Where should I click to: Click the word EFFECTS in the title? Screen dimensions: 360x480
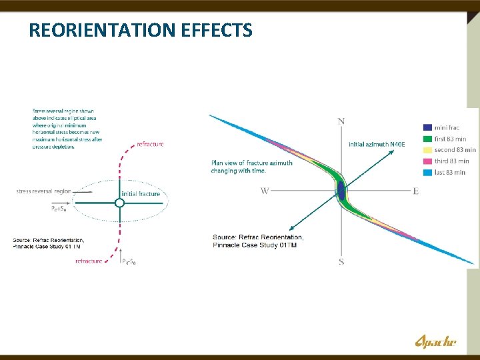[x=221, y=30]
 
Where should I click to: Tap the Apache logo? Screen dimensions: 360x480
[x=436, y=342]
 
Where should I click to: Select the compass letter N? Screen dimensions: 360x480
[x=341, y=121]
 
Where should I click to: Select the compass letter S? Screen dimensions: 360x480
[x=341, y=262]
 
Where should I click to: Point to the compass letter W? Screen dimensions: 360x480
[x=265, y=191]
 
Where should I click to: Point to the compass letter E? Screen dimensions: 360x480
[x=416, y=191]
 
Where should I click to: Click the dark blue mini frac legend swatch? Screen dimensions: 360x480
[x=427, y=127]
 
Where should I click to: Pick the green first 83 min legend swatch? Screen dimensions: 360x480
[x=427, y=139]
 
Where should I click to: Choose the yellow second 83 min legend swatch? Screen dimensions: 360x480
[x=427, y=150]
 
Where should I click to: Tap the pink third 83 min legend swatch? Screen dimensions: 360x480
[x=427, y=161]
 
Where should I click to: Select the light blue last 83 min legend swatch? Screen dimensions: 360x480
[x=427, y=172]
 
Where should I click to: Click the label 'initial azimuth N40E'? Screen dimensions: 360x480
[x=376, y=144]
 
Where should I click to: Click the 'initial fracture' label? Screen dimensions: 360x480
[x=141, y=194]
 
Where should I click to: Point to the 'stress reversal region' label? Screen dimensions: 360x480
[x=43, y=191]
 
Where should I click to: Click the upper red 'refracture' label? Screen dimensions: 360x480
[x=149, y=144]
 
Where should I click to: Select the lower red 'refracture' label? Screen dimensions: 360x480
[x=89, y=261]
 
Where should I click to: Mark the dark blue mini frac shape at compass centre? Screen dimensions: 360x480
[x=341, y=191]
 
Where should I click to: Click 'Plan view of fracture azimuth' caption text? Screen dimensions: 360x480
[x=251, y=163]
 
